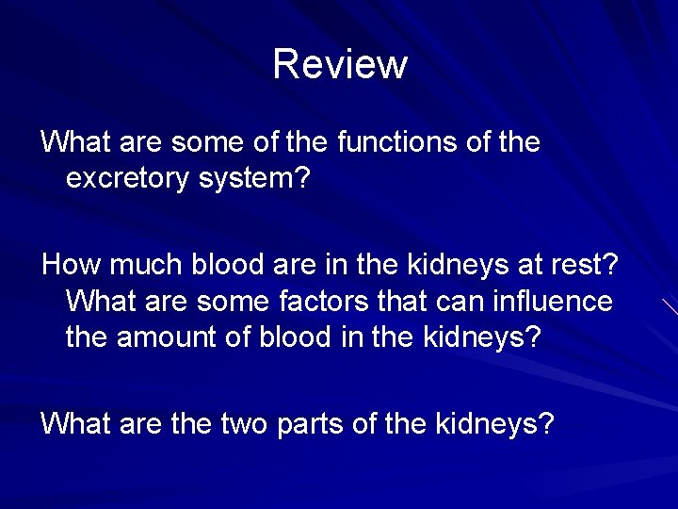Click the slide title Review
click(340, 64)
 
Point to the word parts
click(310, 425)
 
